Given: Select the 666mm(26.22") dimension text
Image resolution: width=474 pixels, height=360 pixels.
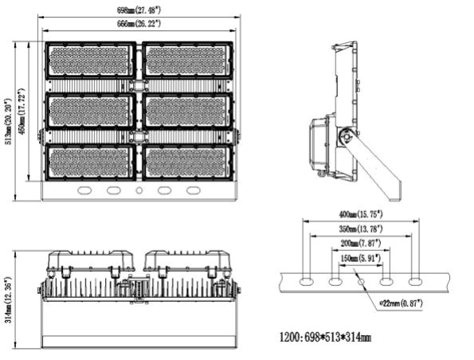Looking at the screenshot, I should point(139,25).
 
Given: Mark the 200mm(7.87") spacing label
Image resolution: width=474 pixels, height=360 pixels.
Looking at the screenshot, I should point(359,243).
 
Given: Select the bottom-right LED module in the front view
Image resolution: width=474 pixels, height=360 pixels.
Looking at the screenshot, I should point(188,161).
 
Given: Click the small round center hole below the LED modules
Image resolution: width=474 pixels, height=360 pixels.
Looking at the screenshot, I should point(139,191).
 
